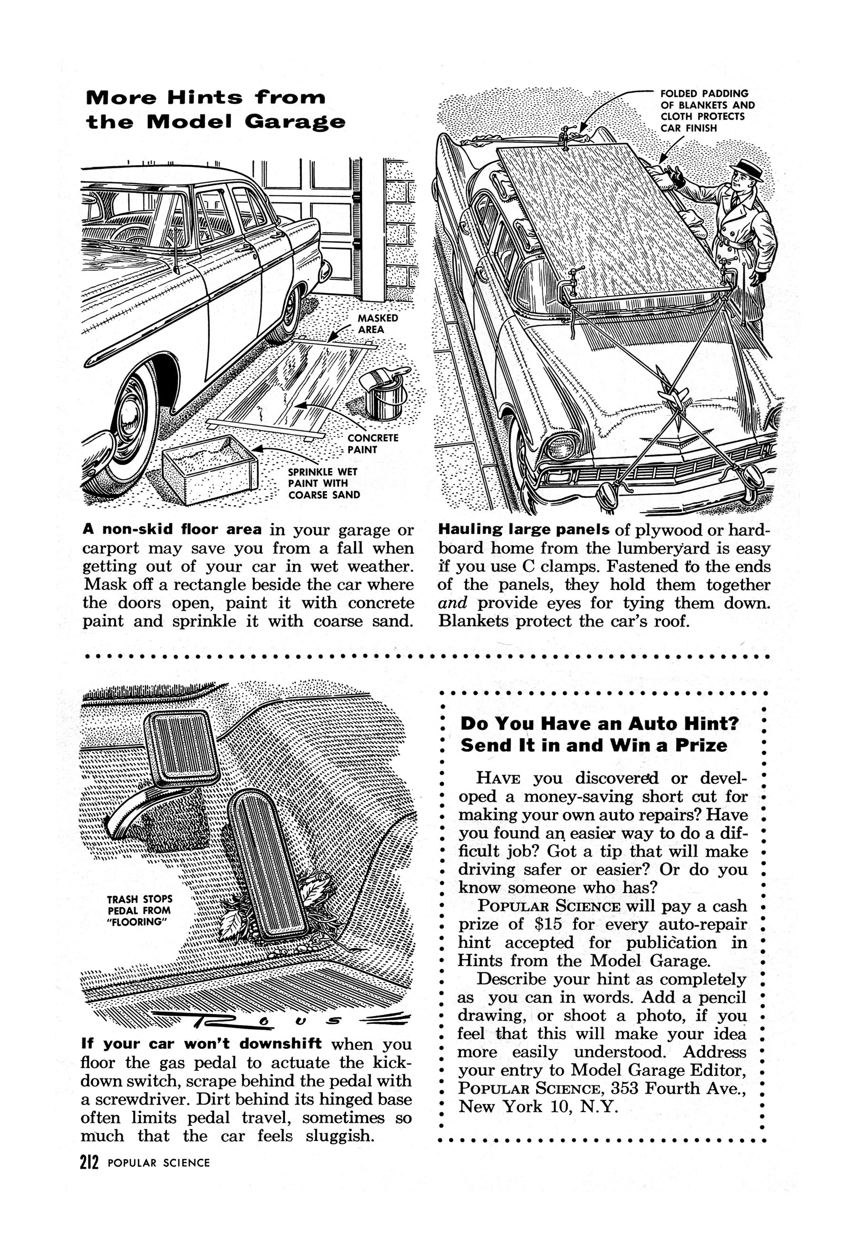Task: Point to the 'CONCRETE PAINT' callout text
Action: click(x=372, y=444)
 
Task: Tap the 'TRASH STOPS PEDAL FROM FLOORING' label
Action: click(x=139, y=910)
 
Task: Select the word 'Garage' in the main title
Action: click(x=294, y=122)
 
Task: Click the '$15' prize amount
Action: click(x=548, y=924)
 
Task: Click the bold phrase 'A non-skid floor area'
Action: click(x=172, y=529)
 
